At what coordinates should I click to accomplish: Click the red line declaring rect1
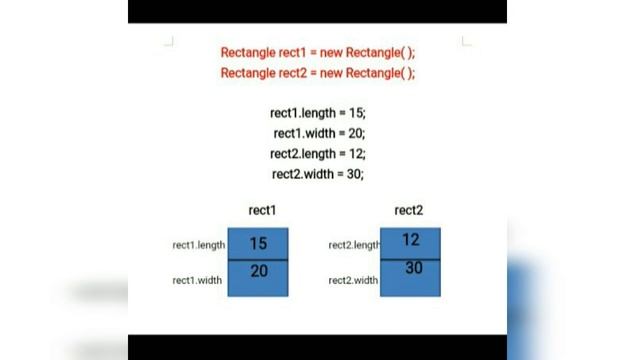(317, 52)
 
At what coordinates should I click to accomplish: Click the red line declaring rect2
(317, 73)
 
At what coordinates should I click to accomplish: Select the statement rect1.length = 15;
(318, 113)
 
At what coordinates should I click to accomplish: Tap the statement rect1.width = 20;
(318, 133)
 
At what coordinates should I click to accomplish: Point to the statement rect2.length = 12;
(318, 153)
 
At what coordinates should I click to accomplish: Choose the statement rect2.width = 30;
(318, 173)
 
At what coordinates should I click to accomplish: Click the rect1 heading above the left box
(262, 210)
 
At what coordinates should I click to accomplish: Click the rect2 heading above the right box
(409, 210)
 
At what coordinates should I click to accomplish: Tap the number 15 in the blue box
(258, 243)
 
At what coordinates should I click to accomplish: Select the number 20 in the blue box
(258, 271)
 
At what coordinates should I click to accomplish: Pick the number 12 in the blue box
(411, 240)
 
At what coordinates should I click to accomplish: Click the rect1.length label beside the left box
(199, 244)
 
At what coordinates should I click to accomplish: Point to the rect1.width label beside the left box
(197, 280)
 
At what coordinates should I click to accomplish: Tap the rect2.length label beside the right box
(354, 245)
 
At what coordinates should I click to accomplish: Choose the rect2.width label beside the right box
(353, 280)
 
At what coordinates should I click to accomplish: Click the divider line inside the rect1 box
(258, 260)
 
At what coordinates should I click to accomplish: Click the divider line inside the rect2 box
(411, 256)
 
